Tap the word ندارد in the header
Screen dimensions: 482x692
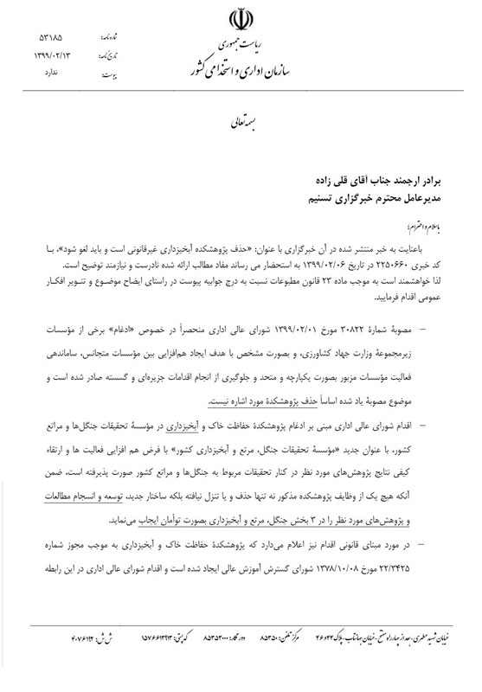(x=54, y=73)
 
